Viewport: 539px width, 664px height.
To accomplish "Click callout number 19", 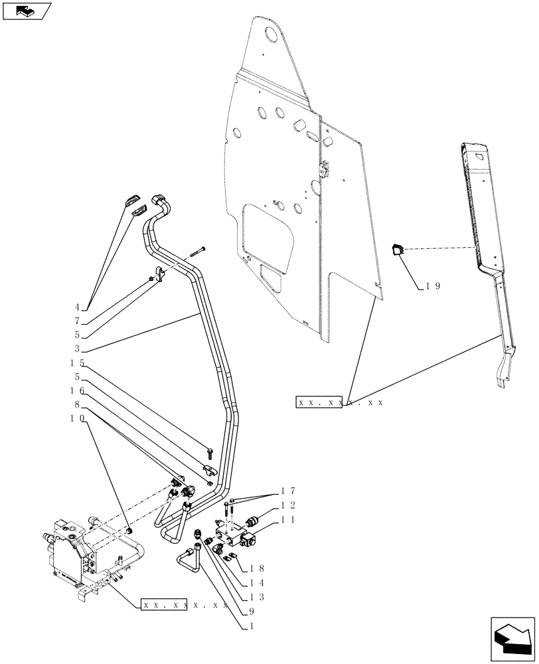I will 433,287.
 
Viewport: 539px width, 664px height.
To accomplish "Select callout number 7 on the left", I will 77,321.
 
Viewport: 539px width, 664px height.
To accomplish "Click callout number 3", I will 77,349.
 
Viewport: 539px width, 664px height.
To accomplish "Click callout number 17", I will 287,491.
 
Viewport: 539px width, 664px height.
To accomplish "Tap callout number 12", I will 287,506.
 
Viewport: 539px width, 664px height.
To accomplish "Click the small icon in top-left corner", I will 27,11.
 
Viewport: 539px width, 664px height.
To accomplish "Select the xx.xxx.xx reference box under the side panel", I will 319,402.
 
